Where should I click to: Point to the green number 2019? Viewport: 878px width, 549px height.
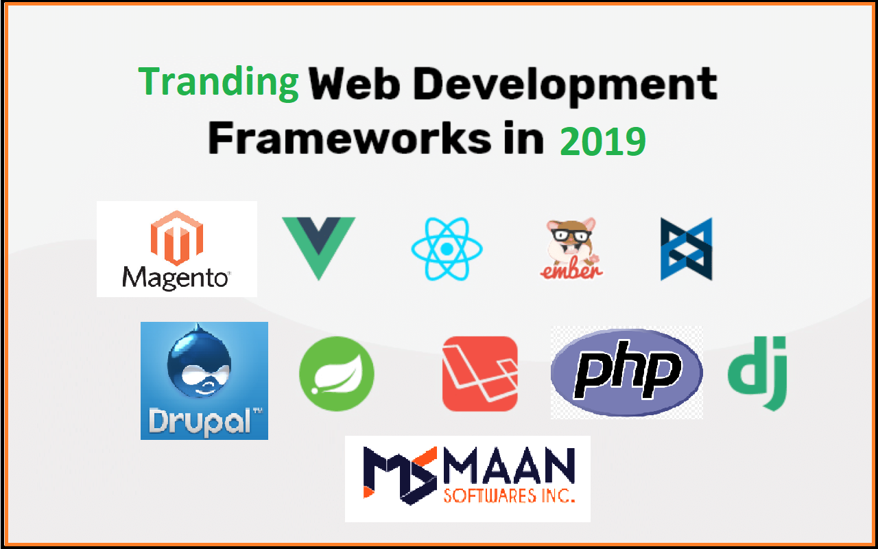coord(602,142)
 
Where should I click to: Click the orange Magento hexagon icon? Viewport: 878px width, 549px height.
coord(176,237)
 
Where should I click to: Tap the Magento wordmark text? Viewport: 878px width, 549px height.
coord(175,278)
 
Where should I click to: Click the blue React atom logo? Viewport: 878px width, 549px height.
coord(447,248)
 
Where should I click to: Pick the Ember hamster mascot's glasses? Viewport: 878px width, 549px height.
coord(570,233)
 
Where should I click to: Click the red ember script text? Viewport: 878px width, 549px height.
coord(571,269)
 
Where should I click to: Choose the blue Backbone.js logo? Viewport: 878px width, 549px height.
coord(686,249)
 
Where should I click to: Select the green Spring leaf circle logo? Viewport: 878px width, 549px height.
coord(337,373)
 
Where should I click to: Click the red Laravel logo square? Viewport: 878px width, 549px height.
coord(479,373)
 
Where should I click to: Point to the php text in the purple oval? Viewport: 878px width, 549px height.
coord(626,373)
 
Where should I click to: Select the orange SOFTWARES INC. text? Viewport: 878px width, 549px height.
coord(508,495)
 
